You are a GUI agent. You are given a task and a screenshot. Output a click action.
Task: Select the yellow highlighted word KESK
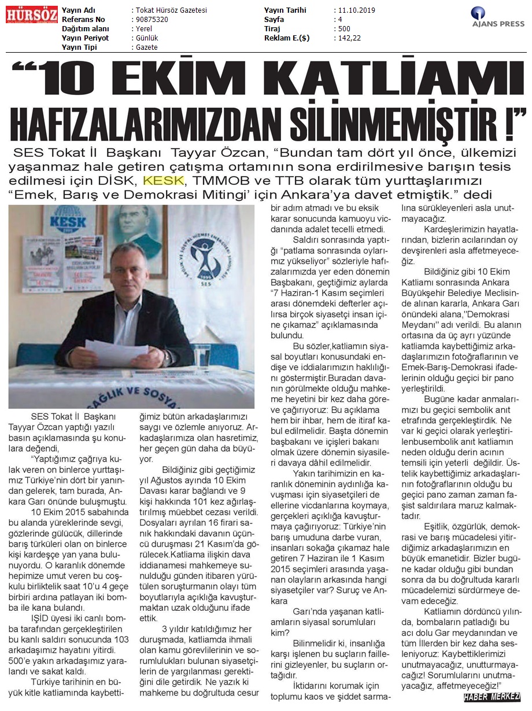160,179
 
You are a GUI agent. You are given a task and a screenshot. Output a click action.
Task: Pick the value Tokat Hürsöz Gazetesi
171,10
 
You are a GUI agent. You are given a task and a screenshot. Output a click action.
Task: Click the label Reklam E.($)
287,38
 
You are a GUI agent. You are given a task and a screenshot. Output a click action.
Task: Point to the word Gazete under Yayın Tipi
146,47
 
